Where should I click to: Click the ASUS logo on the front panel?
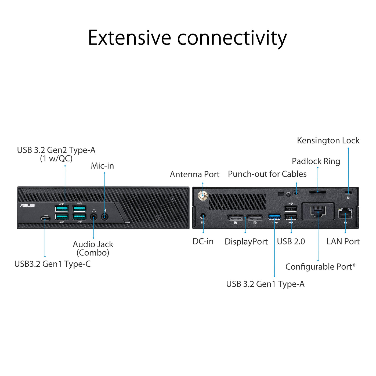[27, 205]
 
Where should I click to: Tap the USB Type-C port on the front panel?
[45, 218]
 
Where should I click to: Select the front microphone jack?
[105, 216]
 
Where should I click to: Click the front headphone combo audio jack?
[93, 216]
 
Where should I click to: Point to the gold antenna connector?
[203, 195]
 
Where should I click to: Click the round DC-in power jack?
[203, 216]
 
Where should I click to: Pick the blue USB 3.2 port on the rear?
[274, 216]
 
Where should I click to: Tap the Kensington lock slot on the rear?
[348, 193]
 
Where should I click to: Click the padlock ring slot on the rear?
[318, 192]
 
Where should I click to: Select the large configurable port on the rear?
[318, 211]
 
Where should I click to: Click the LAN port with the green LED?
[345, 214]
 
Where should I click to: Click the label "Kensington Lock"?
[328, 140]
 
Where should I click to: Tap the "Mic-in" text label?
[102, 166]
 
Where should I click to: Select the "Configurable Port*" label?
[320, 267]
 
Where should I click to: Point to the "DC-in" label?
[203, 241]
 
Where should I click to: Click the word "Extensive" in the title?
[129, 38]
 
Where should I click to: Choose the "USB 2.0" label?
[291, 241]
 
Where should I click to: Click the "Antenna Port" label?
[195, 174]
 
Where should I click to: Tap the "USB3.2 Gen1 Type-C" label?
[52, 264]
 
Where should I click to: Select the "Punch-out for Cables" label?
[267, 174]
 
